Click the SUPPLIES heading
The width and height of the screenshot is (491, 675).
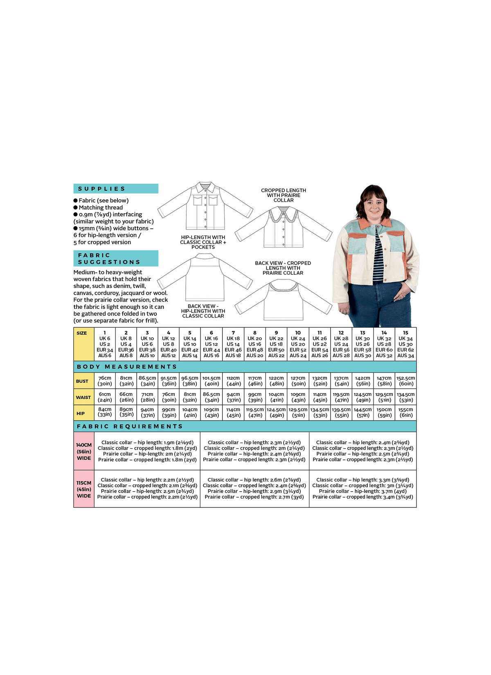[x=101, y=189]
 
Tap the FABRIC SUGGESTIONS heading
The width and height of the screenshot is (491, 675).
[x=109, y=259]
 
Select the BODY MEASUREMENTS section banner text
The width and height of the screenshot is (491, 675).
[x=127, y=367]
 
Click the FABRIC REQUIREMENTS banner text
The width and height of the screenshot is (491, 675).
[x=130, y=426]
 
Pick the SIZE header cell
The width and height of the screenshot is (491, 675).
[x=82, y=333]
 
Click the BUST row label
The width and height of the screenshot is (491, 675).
[x=82, y=381]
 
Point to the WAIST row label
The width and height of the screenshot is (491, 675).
[x=83, y=397]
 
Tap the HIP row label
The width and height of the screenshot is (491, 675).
[x=81, y=414]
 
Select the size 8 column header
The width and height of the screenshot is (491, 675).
[x=255, y=344]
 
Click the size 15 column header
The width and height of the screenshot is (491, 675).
[x=405, y=344]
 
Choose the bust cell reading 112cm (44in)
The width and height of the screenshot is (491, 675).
[x=233, y=381]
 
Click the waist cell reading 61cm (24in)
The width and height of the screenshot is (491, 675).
[x=105, y=397]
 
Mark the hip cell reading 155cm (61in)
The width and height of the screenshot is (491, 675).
[x=405, y=412]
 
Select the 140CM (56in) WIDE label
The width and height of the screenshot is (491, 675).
[x=84, y=451]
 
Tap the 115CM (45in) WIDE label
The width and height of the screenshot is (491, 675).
[x=84, y=489]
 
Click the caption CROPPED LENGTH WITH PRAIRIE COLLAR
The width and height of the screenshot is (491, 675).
[x=284, y=195]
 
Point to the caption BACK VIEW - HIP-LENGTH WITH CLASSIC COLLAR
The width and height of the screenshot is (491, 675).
[x=203, y=311]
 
